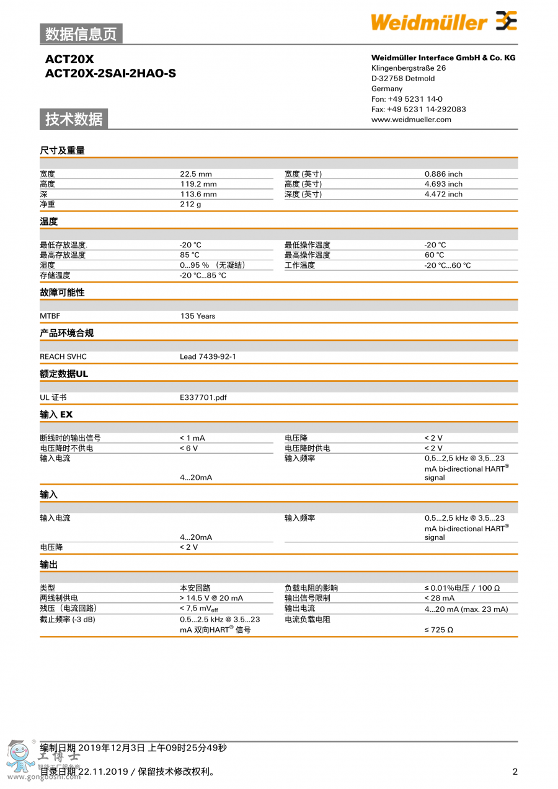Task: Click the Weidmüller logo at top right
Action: pyautogui.click(x=443, y=22)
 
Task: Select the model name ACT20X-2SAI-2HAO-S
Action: pyautogui.click(x=110, y=73)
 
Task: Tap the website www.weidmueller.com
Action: pyautogui.click(x=411, y=120)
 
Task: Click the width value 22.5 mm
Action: pyautogui.click(x=196, y=174)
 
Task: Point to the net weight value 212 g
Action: pyautogui.click(x=190, y=204)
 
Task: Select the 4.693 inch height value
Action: pyautogui.click(x=443, y=184)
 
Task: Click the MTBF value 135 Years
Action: pyautogui.click(x=198, y=316)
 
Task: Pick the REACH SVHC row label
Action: pyautogui.click(x=63, y=356)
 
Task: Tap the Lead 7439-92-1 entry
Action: pyautogui.click(x=208, y=356)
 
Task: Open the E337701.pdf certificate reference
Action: pyautogui.click(x=203, y=397)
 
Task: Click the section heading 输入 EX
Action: pyautogui.click(x=56, y=414)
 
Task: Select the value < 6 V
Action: pyautogui.click(x=189, y=448)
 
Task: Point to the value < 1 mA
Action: pyautogui.click(x=192, y=438)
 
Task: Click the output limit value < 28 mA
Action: pyautogui.click(x=440, y=598)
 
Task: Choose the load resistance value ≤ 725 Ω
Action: pyautogui.click(x=438, y=630)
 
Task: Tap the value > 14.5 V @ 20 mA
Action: pyautogui.click(x=211, y=598)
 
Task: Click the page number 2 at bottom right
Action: pyautogui.click(x=515, y=772)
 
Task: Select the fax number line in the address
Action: pyautogui.click(x=418, y=109)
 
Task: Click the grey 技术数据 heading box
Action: pyautogui.click(x=74, y=119)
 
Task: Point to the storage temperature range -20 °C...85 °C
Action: pyautogui.click(x=203, y=275)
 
